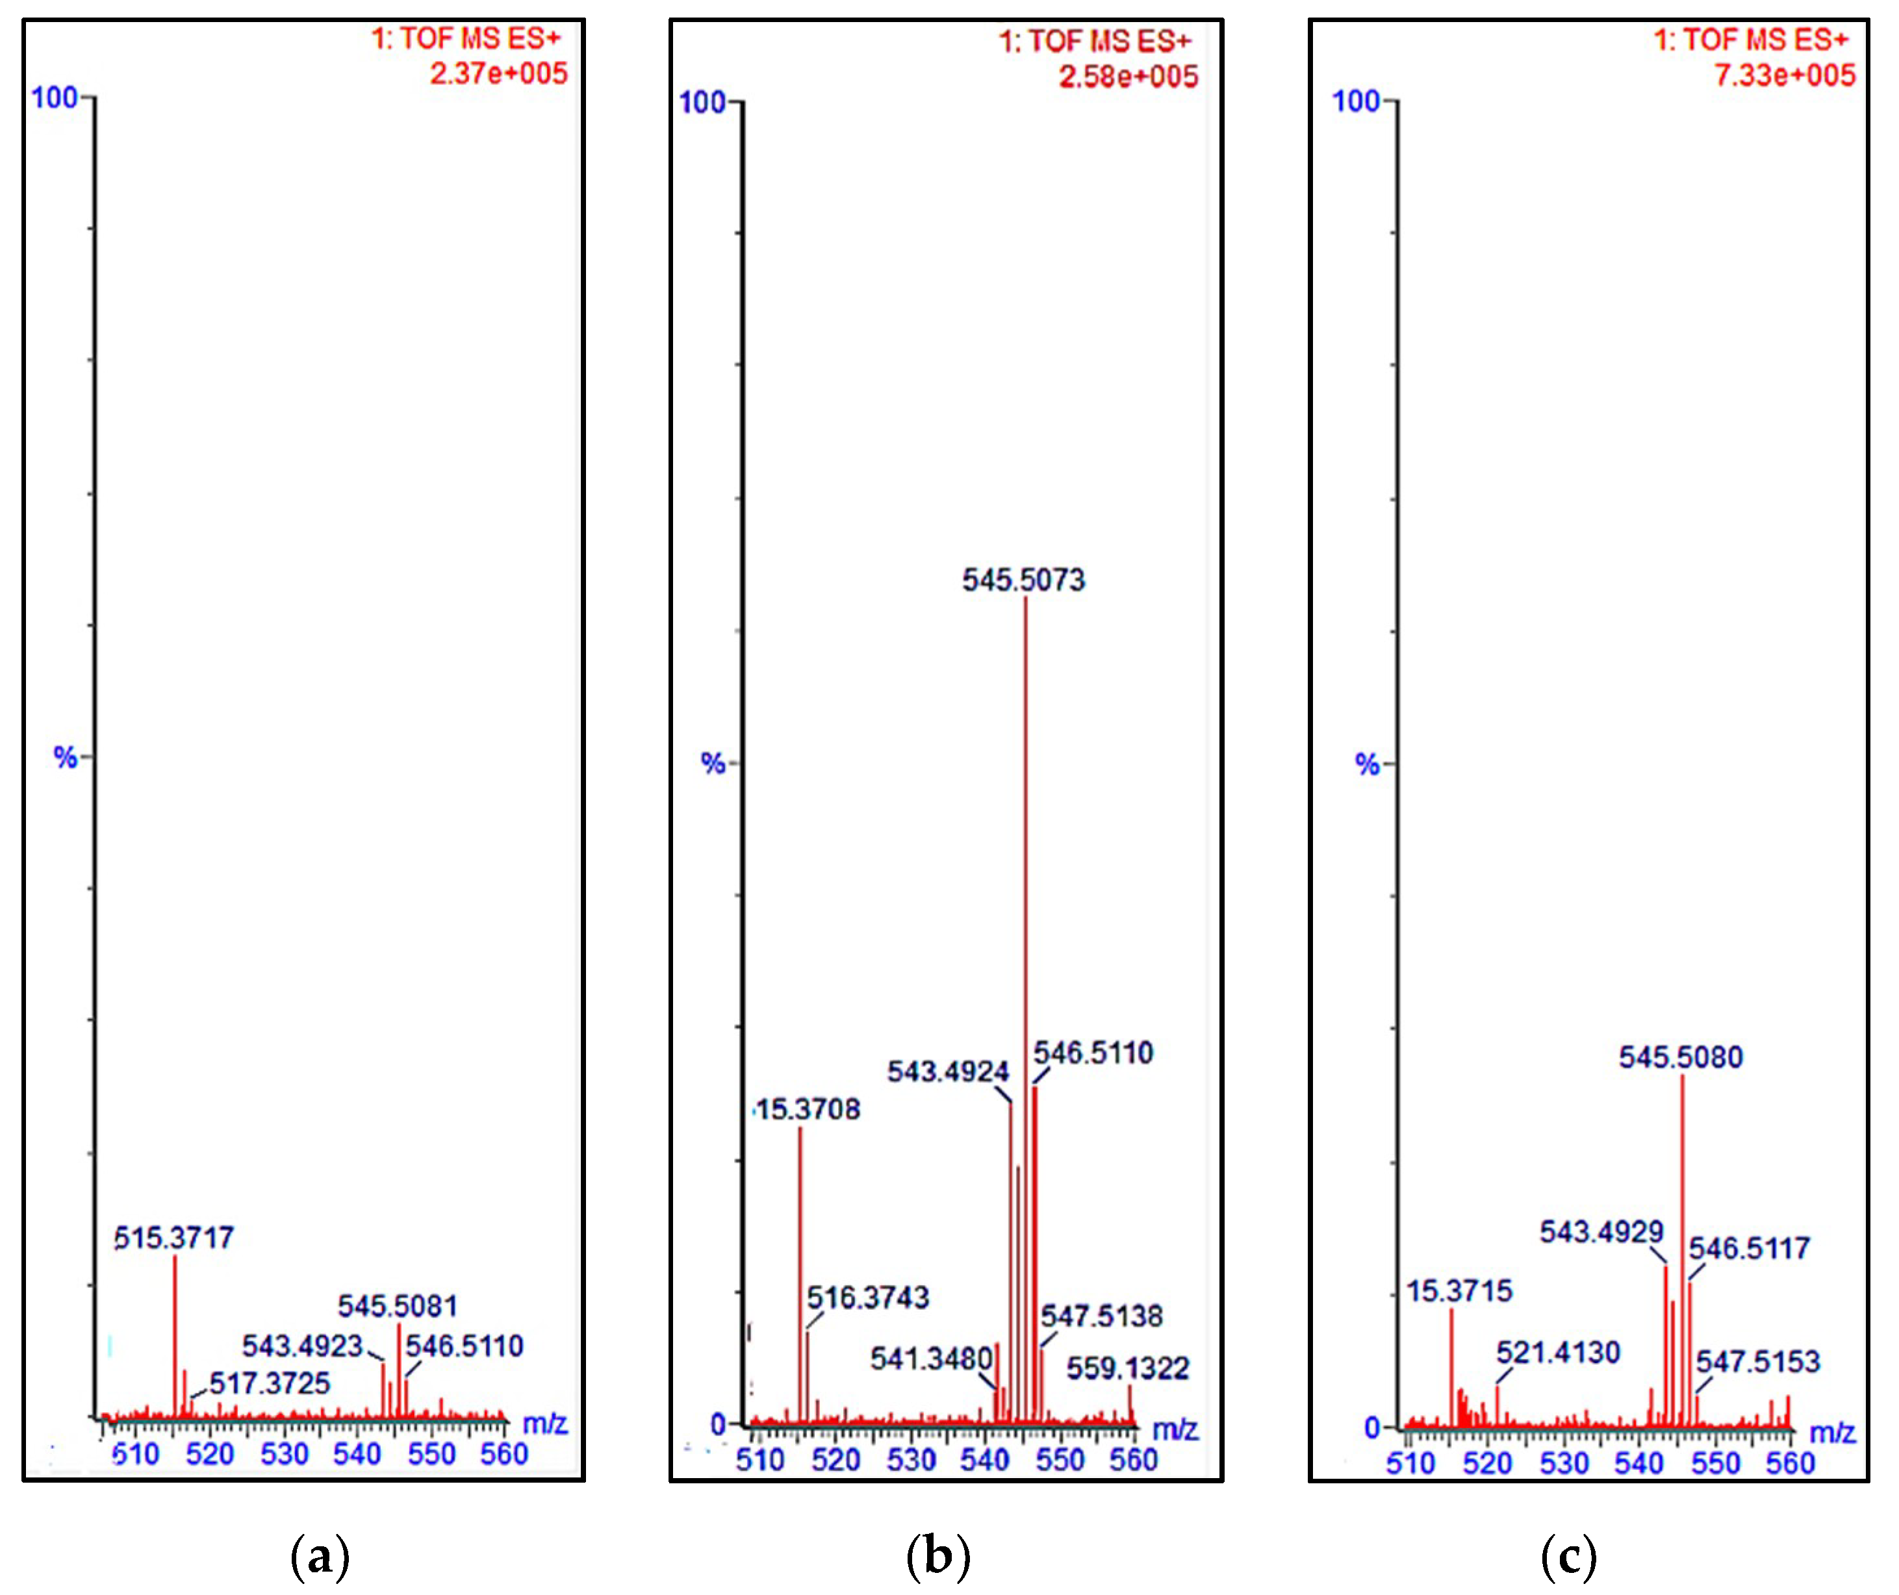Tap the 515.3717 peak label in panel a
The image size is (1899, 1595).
click(173, 1237)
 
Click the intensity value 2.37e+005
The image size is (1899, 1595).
click(498, 73)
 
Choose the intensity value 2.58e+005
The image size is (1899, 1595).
click(1128, 77)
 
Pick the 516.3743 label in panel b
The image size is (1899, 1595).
click(867, 1298)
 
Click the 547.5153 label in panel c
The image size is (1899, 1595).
click(1757, 1361)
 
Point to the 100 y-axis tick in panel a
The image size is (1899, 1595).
click(55, 97)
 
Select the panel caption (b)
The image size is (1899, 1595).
click(937, 1556)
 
